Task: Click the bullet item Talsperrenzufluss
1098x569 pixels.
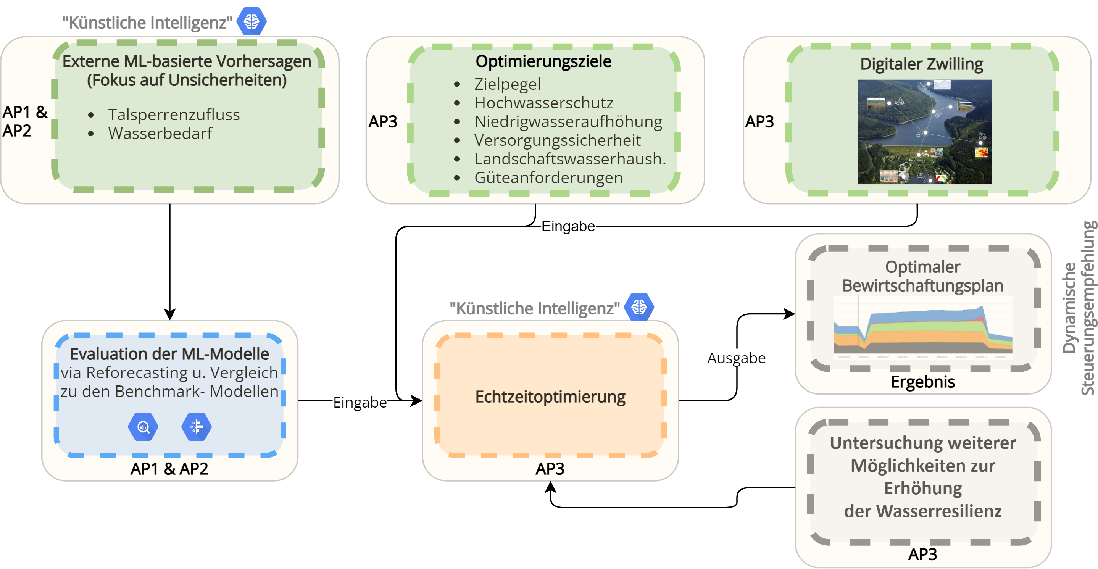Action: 174,114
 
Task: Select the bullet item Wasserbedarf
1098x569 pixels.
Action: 160,134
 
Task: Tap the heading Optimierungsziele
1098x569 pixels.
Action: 543,61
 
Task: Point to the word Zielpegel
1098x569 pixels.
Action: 507,84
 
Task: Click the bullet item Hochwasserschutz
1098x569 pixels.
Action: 544,103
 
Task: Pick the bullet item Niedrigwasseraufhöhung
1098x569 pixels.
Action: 568,121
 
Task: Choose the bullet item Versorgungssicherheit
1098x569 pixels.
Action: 558,140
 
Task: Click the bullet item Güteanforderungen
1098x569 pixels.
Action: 548,178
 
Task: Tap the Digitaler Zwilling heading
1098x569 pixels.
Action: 922,64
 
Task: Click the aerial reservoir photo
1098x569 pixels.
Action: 924,132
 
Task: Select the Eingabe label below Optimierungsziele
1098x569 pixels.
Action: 568,226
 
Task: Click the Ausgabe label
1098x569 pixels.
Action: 737,358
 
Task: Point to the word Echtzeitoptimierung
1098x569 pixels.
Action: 550,397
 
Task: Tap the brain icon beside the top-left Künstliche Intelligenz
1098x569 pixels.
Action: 252,21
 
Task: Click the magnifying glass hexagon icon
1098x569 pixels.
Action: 143,427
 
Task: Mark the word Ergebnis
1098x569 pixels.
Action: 923,382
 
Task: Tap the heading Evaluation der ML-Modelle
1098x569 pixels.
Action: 170,354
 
